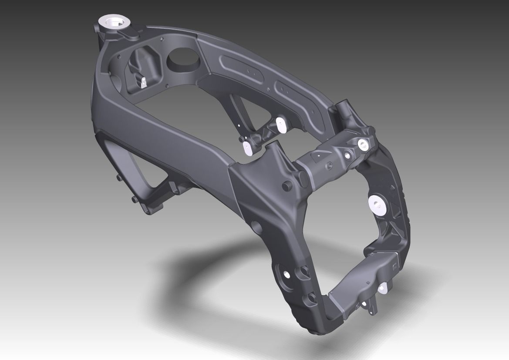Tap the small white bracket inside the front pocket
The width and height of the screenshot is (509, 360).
point(143,82)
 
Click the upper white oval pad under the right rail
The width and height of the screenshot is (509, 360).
point(281,124)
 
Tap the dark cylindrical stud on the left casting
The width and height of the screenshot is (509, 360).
point(287,185)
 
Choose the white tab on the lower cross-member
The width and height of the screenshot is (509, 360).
point(383,286)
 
